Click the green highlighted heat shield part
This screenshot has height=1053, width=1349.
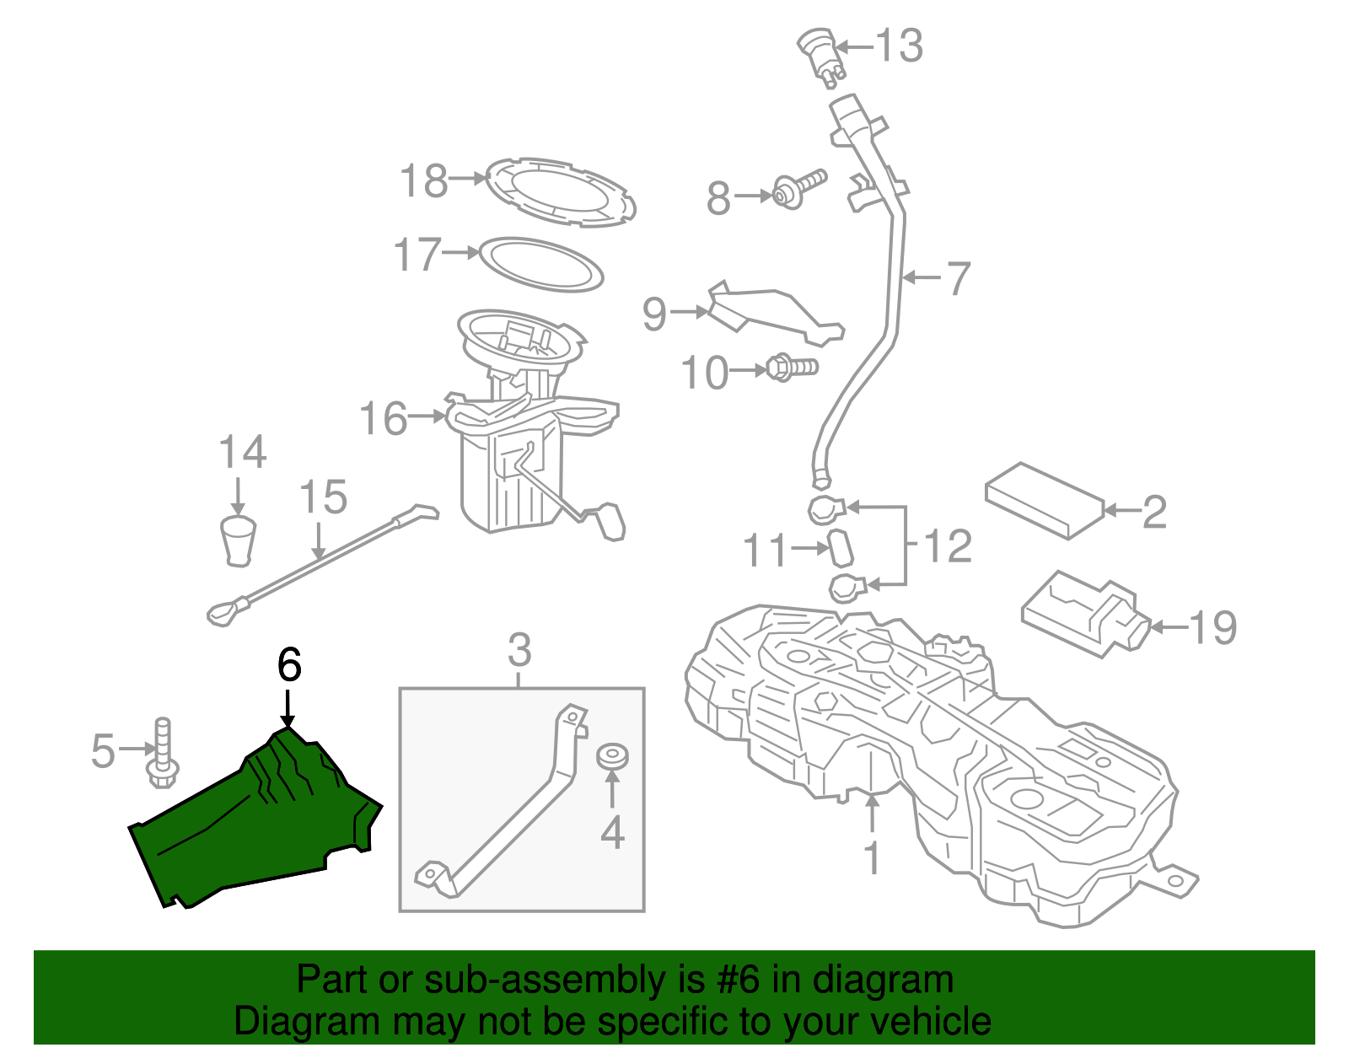(253, 826)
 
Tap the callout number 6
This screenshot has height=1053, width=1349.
(288, 665)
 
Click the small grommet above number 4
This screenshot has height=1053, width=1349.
(612, 756)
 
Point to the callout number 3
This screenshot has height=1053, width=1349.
(519, 650)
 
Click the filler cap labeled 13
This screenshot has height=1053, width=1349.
(820, 52)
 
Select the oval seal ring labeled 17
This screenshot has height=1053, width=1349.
(540, 264)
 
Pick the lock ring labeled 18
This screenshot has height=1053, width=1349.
(561, 191)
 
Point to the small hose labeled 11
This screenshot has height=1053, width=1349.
(841, 548)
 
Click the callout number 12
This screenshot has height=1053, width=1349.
(948, 546)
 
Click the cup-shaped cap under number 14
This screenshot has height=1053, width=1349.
(238, 541)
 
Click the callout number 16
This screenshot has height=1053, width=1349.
(384, 418)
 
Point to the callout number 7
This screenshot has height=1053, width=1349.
(958, 278)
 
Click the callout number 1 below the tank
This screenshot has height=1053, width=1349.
(873, 858)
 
